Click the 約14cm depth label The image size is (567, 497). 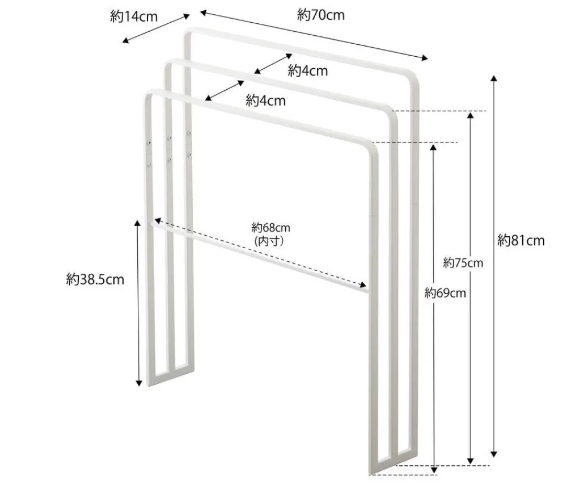coord(134,17)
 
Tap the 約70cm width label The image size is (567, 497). coord(321,15)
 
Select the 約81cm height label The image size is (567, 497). coord(521,240)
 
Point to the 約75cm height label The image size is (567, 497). coord(463,263)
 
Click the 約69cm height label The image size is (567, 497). coord(445,293)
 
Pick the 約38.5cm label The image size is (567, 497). coord(95,279)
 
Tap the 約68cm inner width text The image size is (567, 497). coord(271,228)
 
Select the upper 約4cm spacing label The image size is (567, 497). coord(308,71)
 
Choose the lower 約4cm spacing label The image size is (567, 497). coord(265,101)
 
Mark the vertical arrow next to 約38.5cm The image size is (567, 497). coord(138,303)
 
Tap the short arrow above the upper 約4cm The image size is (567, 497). coord(273,64)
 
